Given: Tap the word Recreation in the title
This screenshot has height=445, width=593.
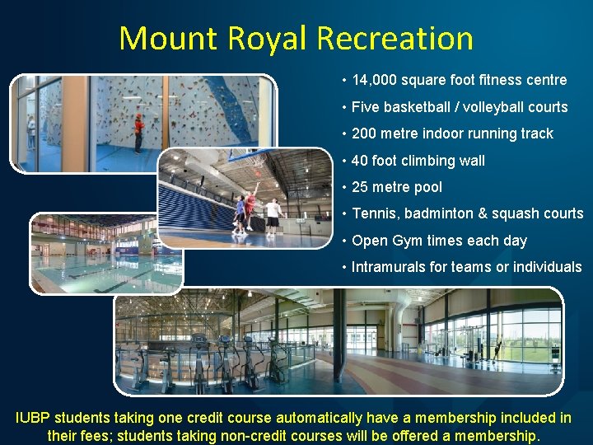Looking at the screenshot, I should pos(395,39).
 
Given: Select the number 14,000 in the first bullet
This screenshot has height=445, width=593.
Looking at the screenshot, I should pos(375,80).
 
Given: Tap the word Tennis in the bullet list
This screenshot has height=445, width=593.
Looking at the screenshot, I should pos(372,213).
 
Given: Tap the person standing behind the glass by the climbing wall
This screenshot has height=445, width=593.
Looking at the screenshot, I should pos(32,132).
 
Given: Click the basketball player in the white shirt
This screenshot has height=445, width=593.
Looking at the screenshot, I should pos(273,214).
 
